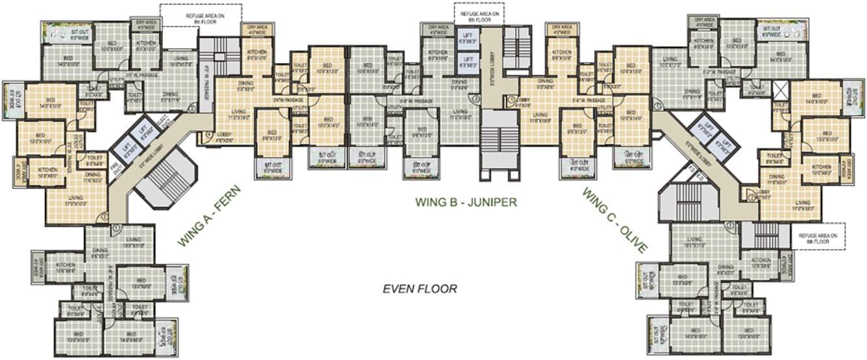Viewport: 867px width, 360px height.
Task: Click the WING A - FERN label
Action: pos(208,216)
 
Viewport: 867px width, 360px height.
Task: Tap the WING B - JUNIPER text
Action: pos(466,202)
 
